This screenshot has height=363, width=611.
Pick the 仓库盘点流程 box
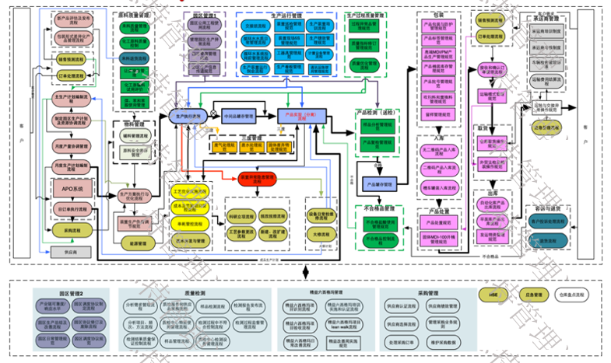coord(575,296)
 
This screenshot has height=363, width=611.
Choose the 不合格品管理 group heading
coord(378,208)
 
